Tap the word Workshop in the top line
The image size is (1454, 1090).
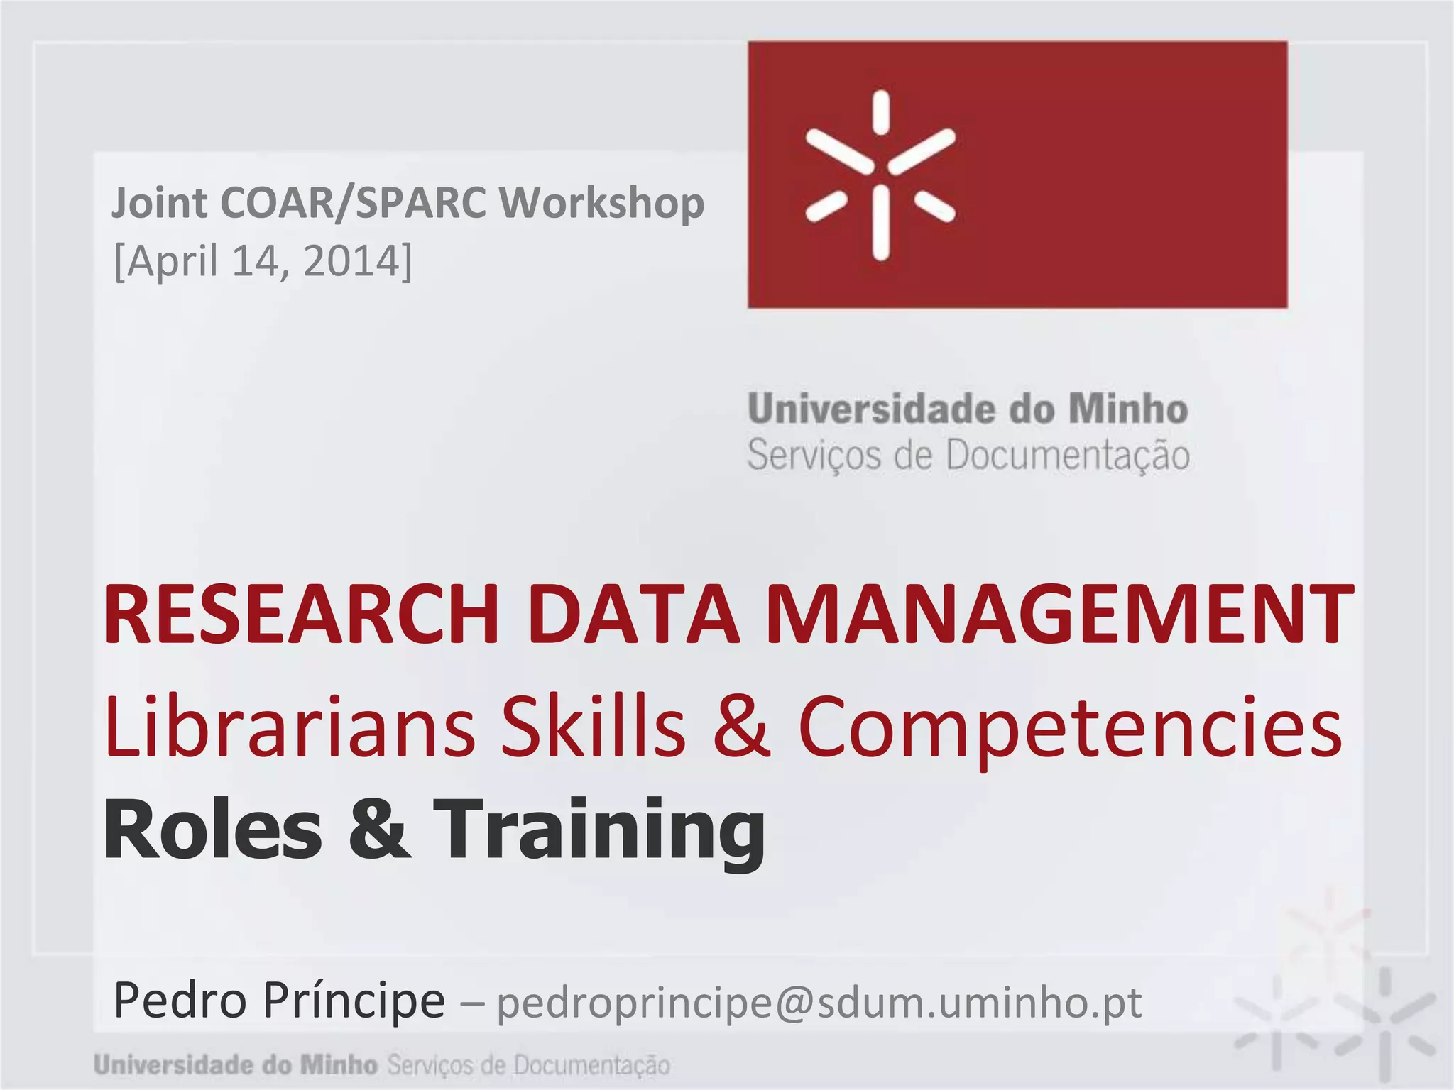pyautogui.click(x=601, y=204)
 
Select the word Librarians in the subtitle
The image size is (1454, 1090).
pyautogui.click(x=290, y=727)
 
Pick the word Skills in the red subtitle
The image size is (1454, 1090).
pyautogui.click(x=594, y=727)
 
